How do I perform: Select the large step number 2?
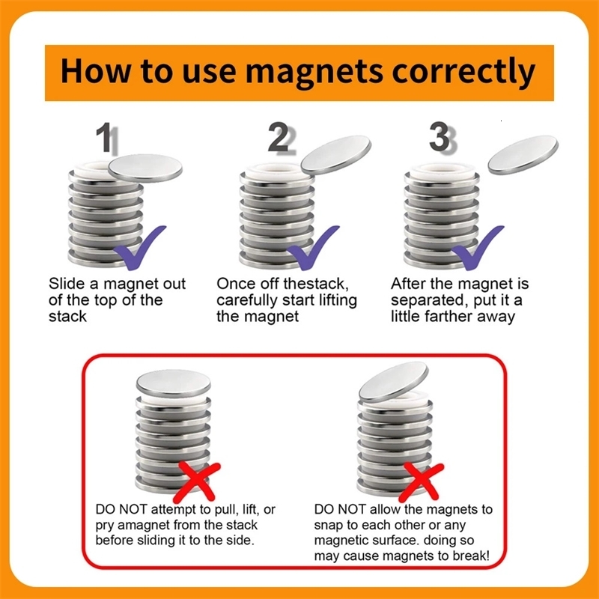point(278,139)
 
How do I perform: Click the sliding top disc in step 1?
point(145,167)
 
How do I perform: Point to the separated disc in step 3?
point(523,156)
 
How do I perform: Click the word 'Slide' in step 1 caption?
point(66,285)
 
